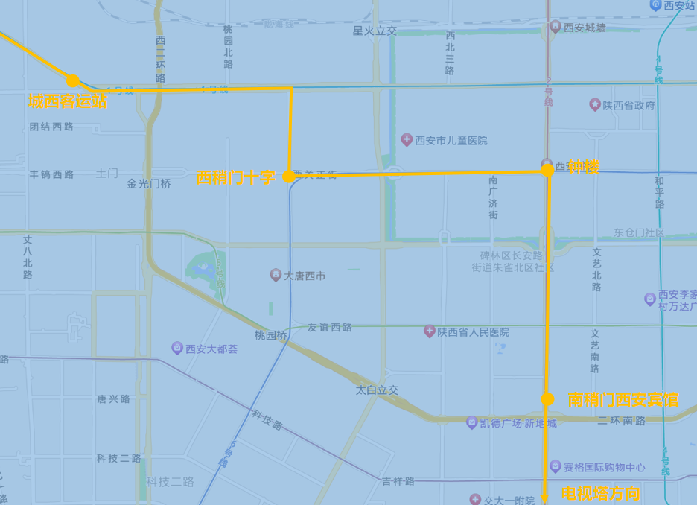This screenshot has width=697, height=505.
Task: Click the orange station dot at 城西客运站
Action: [72, 80]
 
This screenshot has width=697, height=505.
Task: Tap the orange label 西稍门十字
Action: [235, 177]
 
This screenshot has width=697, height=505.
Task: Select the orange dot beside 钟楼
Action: [547, 170]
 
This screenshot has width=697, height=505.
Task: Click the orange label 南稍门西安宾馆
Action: [623, 400]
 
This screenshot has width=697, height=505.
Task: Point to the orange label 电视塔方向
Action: [600, 493]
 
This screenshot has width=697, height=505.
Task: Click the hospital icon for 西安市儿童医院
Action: [407, 140]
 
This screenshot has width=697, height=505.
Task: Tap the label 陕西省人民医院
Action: [474, 331]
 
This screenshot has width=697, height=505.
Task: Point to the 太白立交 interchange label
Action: [377, 390]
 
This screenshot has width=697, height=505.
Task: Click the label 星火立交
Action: [375, 31]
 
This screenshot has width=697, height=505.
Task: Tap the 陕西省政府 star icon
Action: [594, 105]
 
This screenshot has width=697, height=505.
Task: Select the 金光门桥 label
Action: [148, 183]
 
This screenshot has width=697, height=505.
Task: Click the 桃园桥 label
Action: [270, 335]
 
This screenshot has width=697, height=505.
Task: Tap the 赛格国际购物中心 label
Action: [604, 468]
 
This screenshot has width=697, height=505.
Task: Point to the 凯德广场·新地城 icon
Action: [472, 423]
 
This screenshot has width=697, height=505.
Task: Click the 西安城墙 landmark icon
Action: [556, 28]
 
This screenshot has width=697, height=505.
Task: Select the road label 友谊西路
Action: [330, 327]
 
